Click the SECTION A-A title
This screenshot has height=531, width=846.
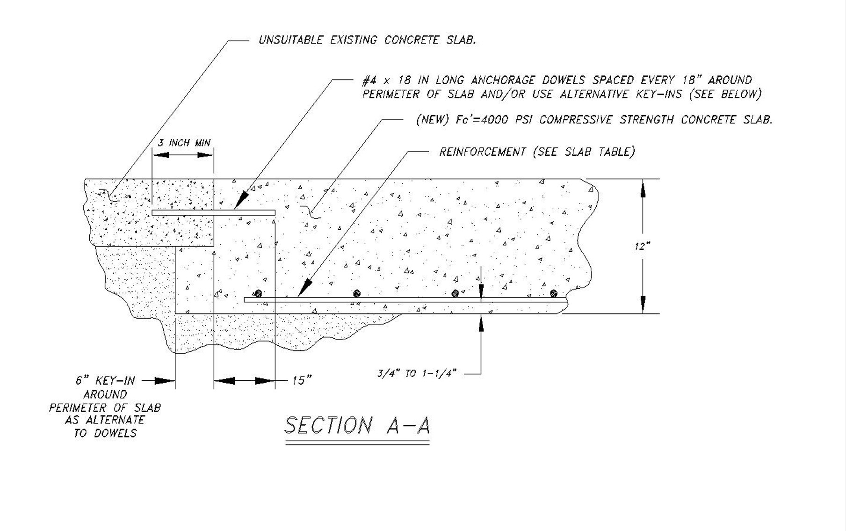[x=357, y=425]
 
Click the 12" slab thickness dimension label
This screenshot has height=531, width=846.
[x=643, y=247]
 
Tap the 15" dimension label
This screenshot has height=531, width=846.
[x=302, y=380]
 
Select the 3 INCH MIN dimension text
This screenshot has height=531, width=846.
[x=184, y=143]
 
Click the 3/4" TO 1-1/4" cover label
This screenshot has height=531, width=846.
[x=416, y=374]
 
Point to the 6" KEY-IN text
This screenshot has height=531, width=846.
[x=105, y=381]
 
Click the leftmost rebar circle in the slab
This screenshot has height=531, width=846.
[x=258, y=293]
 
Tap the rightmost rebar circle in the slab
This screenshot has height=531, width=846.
[x=554, y=293]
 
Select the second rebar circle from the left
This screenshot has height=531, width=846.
[x=357, y=293]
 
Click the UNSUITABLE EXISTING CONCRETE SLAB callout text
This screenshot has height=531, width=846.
[x=367, y=40]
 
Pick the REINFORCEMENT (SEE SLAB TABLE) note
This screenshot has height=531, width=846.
[x=536, y=152]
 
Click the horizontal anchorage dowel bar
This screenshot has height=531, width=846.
[x=214, y=213]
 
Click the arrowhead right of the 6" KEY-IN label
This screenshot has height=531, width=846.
[x=165, y=381]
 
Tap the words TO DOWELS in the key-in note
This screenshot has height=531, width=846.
[x=105, y=434]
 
